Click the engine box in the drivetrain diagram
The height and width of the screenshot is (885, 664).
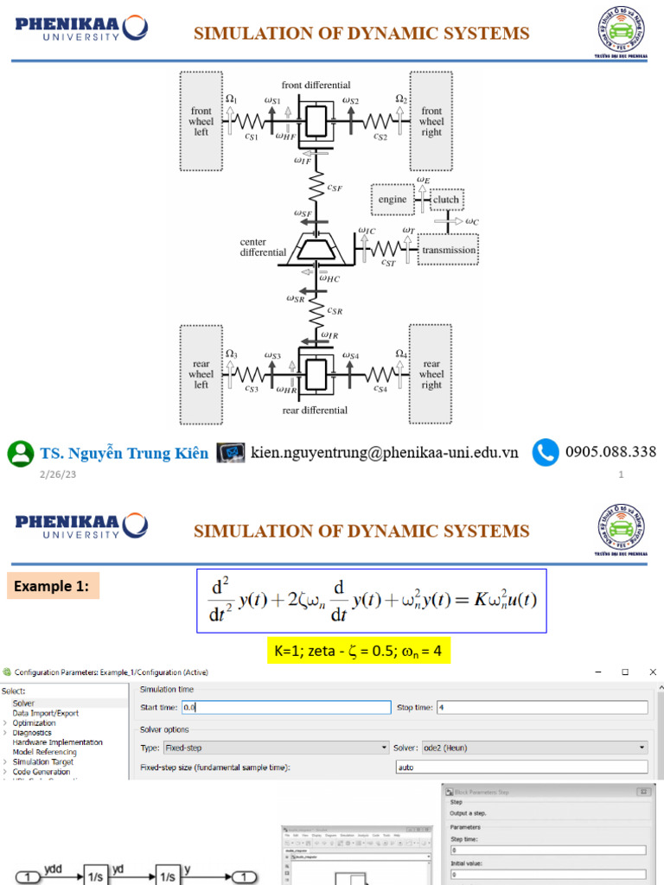pyautogui.click(x=392, y=200)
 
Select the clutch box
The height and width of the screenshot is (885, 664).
pyautogui.click(x=446, y=200)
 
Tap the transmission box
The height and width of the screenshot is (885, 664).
pyautogui.click(x=449, y=250)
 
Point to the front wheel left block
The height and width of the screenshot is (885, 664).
pyautogui.click(x=201, y=121)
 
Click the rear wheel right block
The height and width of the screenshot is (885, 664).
pyautogui.click(x=431, y=374)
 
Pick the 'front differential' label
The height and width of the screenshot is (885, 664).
pyautogui.click(x=316, y=85)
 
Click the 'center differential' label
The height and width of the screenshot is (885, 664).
pyautogui.click(x=263, y=247)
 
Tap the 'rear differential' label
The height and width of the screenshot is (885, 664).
pyautogui.click(x=315, y=410)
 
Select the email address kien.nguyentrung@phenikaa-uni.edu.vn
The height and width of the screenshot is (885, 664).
pyautogui.click(x=385, y=452)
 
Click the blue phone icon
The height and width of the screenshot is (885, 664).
pyautogui.click(x=545, y=452)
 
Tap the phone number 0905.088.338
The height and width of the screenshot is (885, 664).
pyautogui.click(x=610, y=452)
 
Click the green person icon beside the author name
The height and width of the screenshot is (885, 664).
pyautogui.click(x=21, y=453)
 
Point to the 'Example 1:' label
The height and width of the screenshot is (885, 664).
pyautogui.click(x=52, y=587)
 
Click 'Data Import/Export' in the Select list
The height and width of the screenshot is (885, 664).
pyautogui.click(x=45, y=713)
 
